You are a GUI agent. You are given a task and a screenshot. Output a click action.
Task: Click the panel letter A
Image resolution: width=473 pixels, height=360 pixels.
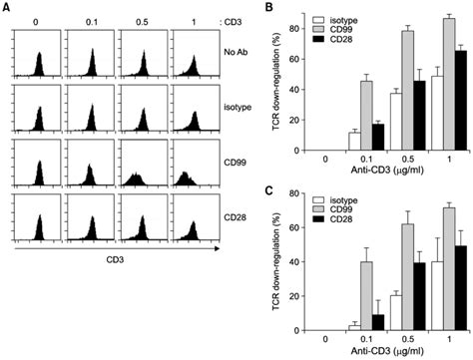click(x=7, y=8)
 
